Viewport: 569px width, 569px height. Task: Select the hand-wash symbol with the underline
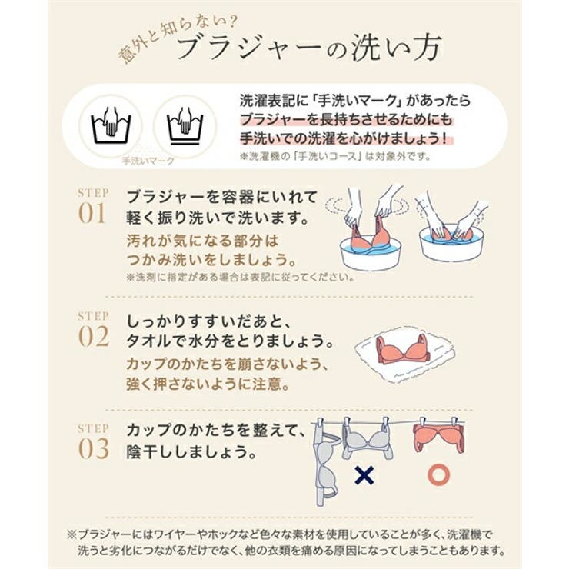click(x=183, y=123)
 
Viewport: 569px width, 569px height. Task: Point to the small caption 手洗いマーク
click(x=148, y=161)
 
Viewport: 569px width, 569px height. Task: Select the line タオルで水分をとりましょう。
click(x=231, y=339)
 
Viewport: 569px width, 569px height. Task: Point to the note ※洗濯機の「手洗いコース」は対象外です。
click(x=335, y=157)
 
